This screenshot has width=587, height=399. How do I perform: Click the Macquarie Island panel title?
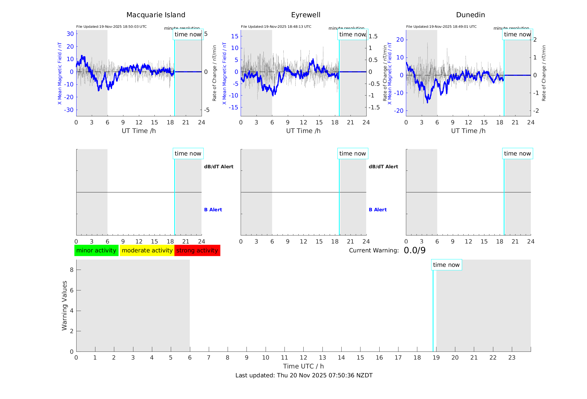pyautogui.click(x=156, y=15)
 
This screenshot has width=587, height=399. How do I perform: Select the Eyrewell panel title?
pyautogui.click(x=306, y=15)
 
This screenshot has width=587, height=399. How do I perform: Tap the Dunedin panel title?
pyautogui.click(x=470, y=15)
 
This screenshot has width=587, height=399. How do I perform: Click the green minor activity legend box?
pyautogui.click(x=96, y=250)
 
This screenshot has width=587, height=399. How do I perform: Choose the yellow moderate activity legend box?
pyautogui.click(x=147, y=250)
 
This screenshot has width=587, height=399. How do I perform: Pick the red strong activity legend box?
pyautogui.click(x=197, y=250)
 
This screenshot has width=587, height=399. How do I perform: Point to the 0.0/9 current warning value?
pyautogui.click(x=415, y=250)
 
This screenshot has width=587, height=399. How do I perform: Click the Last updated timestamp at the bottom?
pyautogui.click(x=304, y=375)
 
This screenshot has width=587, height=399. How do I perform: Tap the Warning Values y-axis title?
pyautogui.click(x=64, y=305)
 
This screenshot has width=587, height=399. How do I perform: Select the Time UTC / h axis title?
pyautogui.click(x=303, y=366)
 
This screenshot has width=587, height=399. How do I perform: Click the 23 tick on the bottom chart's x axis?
pyautogui.click(x=512, y=358)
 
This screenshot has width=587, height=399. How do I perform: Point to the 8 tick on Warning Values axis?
pyautogui.click(x=72, y=270)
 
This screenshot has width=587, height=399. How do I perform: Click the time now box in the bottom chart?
pyautogui.click(x=446, y=265)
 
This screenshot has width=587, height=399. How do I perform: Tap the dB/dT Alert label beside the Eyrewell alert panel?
pyautogui.click(x=383, y=167)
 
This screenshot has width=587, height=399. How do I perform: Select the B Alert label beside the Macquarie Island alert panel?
pyautogui.click(x=213, y=210)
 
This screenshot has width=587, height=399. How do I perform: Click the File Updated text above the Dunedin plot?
pyautogui.click(x=441, y=27)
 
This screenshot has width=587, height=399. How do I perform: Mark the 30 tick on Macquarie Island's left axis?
pyautogui.click(x=70, y=34)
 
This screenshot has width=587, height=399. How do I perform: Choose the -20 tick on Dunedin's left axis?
pyautogui.click(x=400, y=111)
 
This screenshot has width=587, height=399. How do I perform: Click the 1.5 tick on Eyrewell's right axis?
pyautogui.click(x=373, y=36)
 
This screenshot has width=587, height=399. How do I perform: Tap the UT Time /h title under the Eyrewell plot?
pyautogui.click(x=303, y=131)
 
